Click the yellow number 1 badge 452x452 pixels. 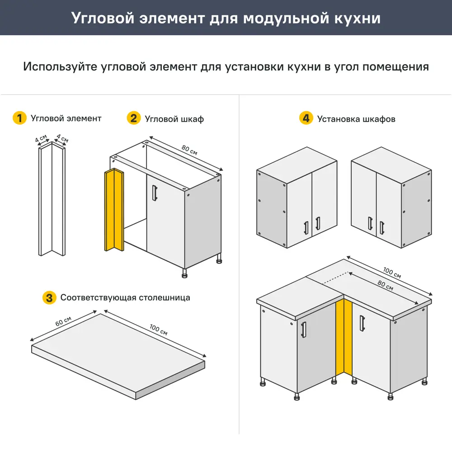coord(19,118)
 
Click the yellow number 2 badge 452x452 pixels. coord(133,118)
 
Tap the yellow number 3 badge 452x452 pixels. coord(49,298)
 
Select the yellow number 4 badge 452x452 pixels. coord(306,119)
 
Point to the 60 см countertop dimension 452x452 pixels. coord(64,322)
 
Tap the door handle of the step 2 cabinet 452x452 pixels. coord(155,193)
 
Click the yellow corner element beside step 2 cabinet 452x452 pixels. coord(114,210)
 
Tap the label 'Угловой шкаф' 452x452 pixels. coord(174,119)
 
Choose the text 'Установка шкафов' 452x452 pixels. coord(356,119)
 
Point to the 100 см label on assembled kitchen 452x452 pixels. coord(391,273)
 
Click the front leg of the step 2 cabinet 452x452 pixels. coord(184,273)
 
